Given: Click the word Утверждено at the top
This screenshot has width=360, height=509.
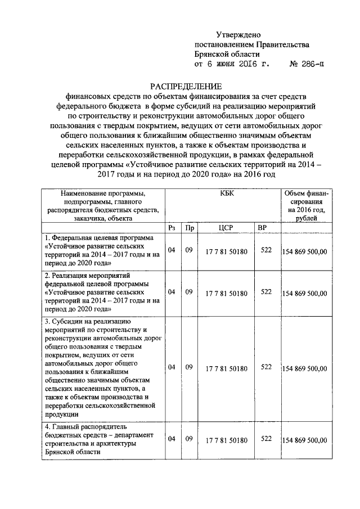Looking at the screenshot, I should (238, 35).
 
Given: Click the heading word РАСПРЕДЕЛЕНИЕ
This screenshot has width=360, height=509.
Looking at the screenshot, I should (186, 85).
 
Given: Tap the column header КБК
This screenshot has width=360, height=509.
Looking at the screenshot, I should (222, 192).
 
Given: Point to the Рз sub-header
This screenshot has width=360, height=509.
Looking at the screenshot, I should (172, 228).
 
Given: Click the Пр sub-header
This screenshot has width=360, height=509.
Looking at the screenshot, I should (190, 228).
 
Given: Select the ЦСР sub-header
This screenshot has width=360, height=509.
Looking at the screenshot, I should (226, 228).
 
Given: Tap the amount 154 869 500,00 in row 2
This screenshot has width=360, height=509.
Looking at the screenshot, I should (304, 293).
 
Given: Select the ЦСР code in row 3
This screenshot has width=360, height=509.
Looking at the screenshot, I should (226, 368).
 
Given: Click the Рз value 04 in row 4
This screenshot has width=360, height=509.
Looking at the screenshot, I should (172, 439).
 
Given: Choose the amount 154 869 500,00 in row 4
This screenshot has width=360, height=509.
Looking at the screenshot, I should (304, 440).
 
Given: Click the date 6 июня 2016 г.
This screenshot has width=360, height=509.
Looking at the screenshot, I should (232, 65).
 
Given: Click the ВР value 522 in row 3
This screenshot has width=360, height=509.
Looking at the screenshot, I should (266, 368).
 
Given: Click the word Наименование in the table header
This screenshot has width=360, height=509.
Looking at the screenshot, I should (85, 192).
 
